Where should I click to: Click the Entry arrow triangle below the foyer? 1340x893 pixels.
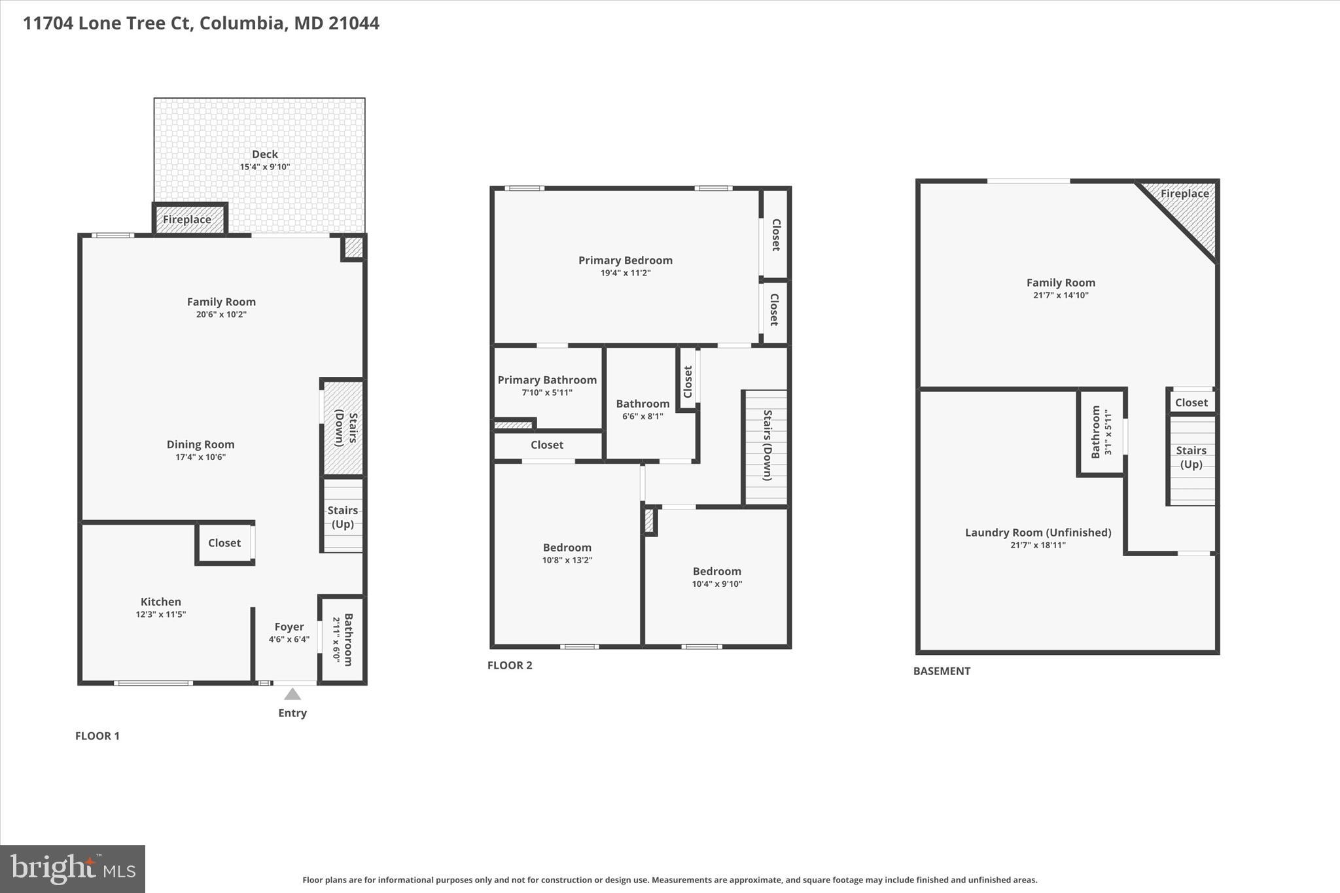click(292, 694)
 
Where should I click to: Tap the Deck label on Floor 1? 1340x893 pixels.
click(265, 154)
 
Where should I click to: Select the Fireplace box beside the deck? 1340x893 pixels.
click(188, 219)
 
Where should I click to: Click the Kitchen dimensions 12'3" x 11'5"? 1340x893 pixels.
click(161, 614)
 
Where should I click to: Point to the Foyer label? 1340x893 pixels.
click(289, 627)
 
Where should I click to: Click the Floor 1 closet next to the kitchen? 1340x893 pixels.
click(224, 543)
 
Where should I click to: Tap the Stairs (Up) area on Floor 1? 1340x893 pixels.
click(343, 517)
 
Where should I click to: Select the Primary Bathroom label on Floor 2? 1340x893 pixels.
click(547, 380)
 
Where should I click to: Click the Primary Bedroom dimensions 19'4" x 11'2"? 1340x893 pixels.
click(626, 273)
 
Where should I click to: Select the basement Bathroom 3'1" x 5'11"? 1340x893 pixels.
click(1101, 432)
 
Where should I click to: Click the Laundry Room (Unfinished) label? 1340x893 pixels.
click(1038, 533)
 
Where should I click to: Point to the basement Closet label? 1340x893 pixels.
click(1191, 403)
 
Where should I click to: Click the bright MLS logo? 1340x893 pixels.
click(73, 869)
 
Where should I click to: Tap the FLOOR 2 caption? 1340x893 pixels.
click(510, 665)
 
